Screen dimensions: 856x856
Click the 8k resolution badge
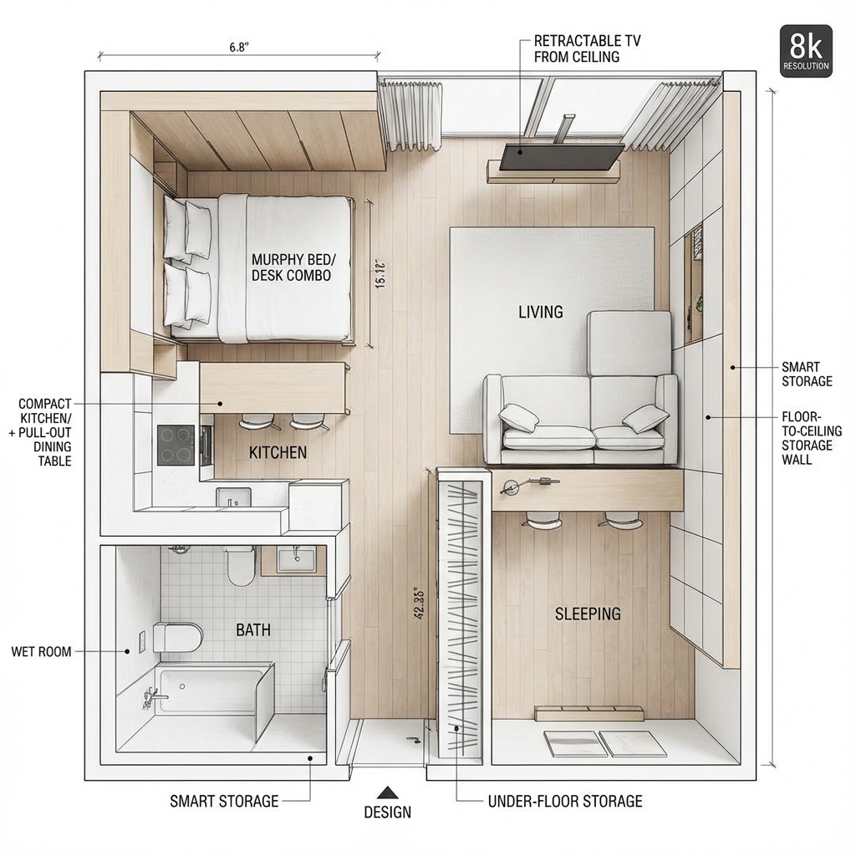[806, 51]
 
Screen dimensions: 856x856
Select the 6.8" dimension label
[239, 48]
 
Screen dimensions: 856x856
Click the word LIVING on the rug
[541, 312]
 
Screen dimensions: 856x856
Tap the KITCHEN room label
[278, 452]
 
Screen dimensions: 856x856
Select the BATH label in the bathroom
[253, 629]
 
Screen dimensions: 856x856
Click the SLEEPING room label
[588, 614]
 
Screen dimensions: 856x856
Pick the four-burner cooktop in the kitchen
[176, 445]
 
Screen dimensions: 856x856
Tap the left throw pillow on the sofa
[519, 417]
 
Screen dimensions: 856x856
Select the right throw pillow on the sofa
[645, 418]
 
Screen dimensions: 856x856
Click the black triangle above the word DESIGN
[386, 792]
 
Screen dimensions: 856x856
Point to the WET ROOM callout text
[42, 651]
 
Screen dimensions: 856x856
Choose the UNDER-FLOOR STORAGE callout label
[565, 801]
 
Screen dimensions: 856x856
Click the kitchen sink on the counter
[233, 497]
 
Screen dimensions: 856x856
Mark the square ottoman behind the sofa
[629, 343]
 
